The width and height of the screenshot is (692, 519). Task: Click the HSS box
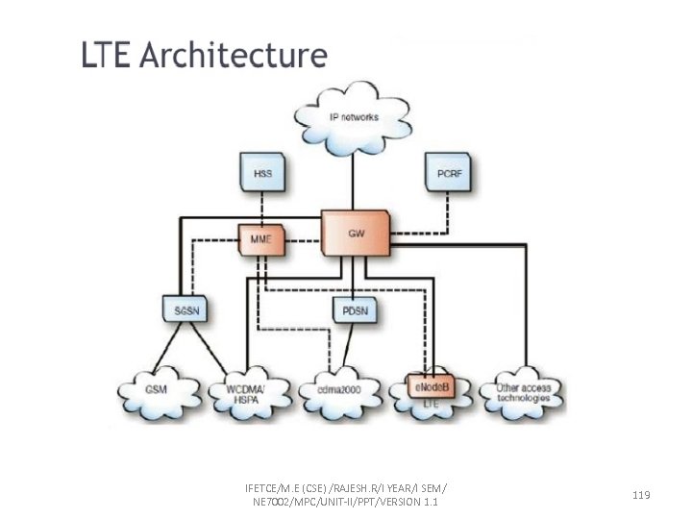[x=261, y=174]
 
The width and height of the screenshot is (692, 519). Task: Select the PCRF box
[x=449, y=174]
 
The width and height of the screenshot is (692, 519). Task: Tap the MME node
[x=261, y=236]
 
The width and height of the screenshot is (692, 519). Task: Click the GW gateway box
[x=355, y=233]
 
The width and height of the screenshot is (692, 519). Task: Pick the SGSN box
[x=182, y=310]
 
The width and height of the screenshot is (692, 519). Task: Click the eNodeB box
[x=429, y=385]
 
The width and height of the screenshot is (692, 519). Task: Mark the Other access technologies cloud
[x=524, y=391]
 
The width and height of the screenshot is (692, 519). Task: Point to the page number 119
[x=642, y=494]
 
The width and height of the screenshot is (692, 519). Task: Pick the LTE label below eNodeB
[x=432, y=406]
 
